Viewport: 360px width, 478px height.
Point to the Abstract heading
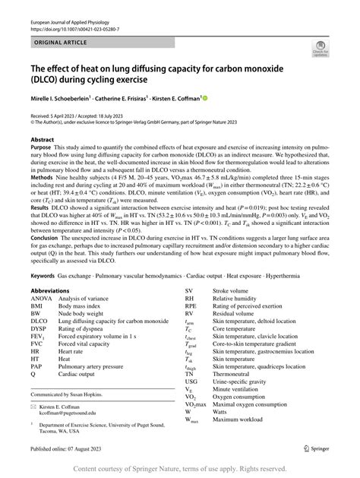coord(43,140)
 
